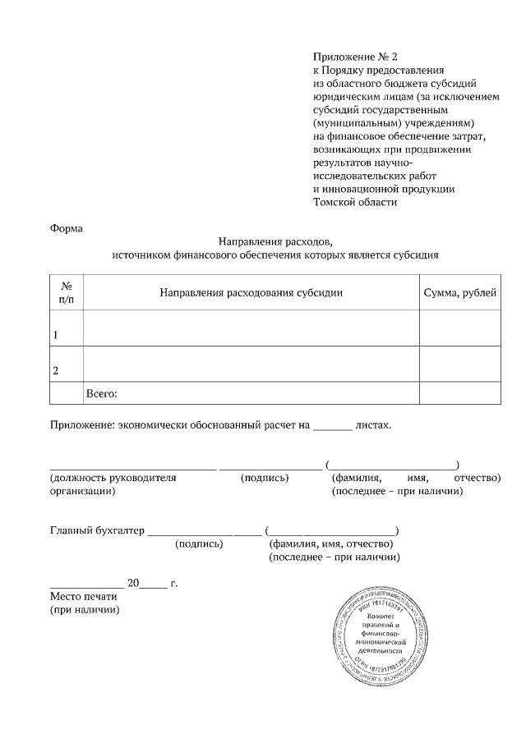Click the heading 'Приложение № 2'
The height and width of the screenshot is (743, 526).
[x=355, y=57]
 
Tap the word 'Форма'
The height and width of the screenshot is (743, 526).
[x=67, y=228]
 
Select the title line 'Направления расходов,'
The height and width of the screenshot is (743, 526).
[x=275, y=241]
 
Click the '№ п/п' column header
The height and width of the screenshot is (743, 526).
[x=67, y=292]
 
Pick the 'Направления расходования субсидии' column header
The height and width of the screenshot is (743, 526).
[x=251, y=293]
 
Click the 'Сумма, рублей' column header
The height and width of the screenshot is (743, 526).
[x=459, y=293]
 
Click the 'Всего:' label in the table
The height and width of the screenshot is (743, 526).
[x=102, y=394]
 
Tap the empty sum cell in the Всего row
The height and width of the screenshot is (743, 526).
[x=459, y=394]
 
